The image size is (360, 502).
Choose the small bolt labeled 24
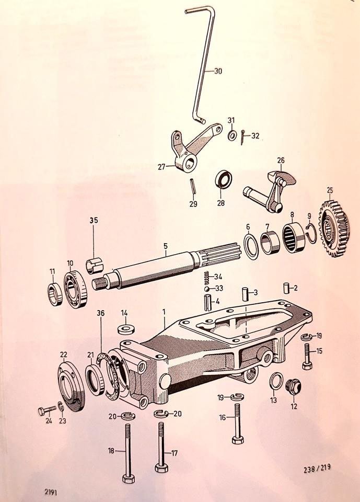point(44,411)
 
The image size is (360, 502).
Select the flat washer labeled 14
point(124,329)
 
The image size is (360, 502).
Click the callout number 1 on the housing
point(164,312)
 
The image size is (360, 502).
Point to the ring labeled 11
point(54,294)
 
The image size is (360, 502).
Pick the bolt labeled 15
point(307,357)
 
